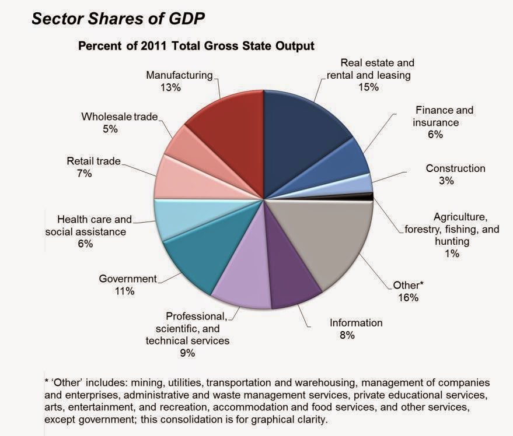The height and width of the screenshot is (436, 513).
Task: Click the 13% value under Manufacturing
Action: (x=172, y=87)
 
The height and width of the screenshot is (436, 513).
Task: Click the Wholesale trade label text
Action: (x=120, y=117)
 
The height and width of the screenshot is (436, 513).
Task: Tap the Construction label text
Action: (x=455, y=168)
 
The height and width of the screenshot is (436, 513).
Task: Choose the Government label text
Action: (x=128, y=279)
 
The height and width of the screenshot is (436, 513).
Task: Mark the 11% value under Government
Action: (x=125, y=291)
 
